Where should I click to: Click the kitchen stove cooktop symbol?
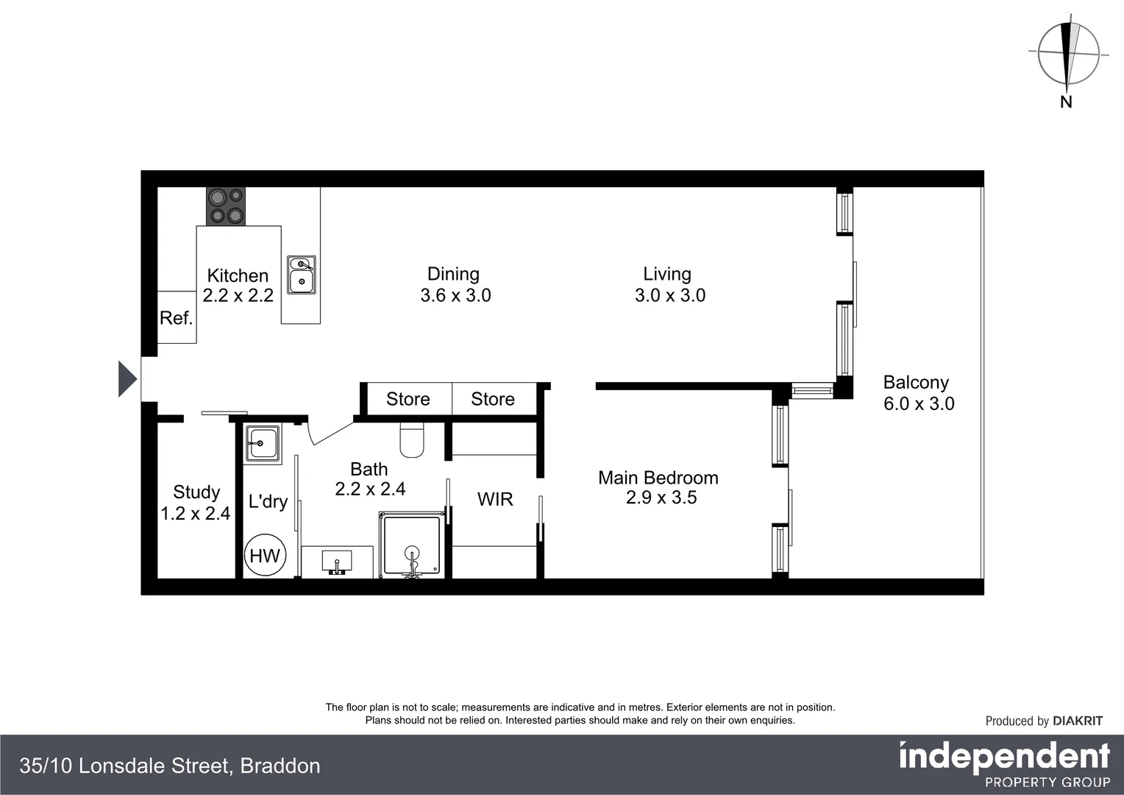point(225,206)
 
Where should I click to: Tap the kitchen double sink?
point(301,275)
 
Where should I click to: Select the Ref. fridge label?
point(176,318)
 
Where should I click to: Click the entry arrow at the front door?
point(127,379)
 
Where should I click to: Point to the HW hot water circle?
point(265,555)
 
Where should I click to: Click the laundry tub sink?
point(262,444)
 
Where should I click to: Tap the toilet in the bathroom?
point(412,440)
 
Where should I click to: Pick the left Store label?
point(408,399)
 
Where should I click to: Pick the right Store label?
point(492,399)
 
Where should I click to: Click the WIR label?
point(495,499)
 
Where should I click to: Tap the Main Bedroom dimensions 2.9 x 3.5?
point(661,498)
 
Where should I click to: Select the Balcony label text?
point(916,382)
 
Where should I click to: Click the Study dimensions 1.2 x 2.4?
point(196,513)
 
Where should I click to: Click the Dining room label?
point(453,274)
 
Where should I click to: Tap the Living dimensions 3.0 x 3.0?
point(669,295)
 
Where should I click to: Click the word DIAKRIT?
point(1078,721)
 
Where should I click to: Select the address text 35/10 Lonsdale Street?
point(124,766)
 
